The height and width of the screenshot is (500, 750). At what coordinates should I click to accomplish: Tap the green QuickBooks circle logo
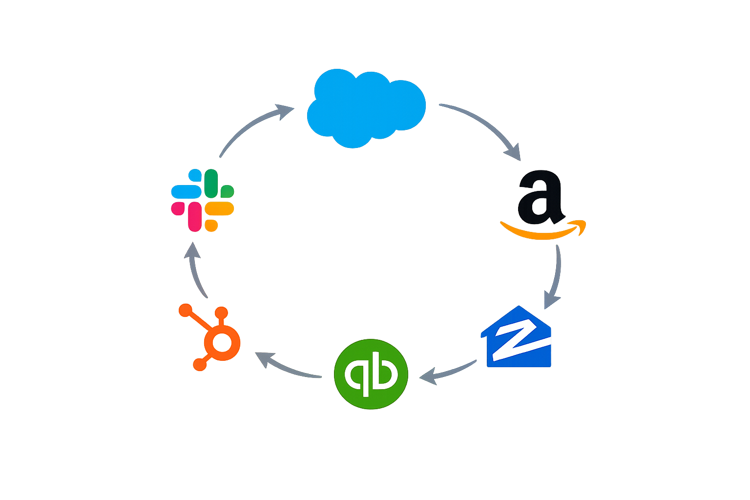[x=371, y=374]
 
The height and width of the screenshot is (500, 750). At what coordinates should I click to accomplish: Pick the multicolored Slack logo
[x=203, y=200]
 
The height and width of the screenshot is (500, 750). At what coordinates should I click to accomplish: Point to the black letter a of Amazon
[x=540, y=195]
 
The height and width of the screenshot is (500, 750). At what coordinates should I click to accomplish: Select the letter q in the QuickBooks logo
[x=356, y=374]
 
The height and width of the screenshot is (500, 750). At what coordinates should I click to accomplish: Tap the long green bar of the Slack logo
[x=211, y=183]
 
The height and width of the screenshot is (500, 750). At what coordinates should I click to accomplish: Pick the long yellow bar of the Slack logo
[x=219, y=208]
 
